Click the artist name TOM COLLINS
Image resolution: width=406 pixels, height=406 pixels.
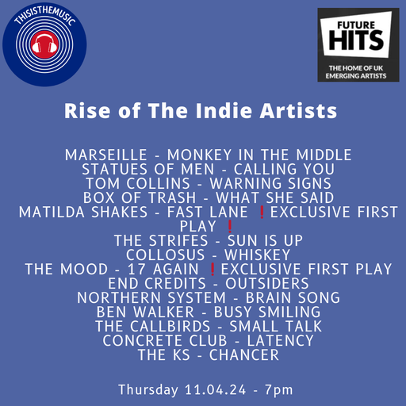pyautogui.click(x=129, y=183)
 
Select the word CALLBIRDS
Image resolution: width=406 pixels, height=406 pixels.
pyautogui.click(x=168, y=326)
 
